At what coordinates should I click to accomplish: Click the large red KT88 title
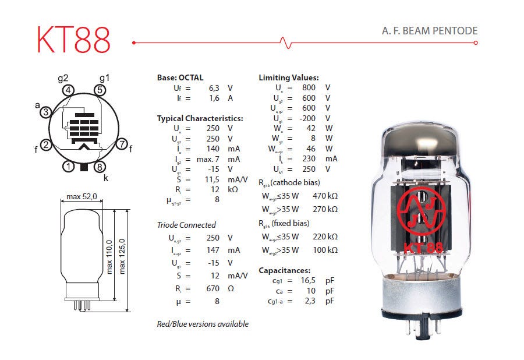[x=73, y=40]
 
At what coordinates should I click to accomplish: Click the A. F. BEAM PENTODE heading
[x=429, y=31]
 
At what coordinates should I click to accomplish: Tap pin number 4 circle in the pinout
[x=69, y=90]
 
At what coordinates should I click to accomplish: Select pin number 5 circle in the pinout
[x=100, y=90]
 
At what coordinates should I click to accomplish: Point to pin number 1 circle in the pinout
[x=69, y=167]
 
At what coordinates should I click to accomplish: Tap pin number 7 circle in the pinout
[x=121, y=144]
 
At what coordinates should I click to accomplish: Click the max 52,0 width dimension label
[x=82, y=196]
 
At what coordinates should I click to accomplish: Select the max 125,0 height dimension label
[x=122, y=256]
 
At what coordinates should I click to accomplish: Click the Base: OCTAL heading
[x=180, y=77]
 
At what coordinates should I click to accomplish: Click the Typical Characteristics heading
[x=200, y=118]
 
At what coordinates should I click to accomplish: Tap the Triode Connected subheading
[x=186, y=225]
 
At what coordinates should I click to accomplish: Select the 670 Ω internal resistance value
[x=213, y=288]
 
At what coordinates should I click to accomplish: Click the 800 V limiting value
[x=309, y=88]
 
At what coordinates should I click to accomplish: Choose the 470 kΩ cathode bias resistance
[x=324, y=196]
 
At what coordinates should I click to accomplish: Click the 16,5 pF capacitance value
[x=308, y=280]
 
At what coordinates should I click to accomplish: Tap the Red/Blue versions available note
[x=203, y=324]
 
